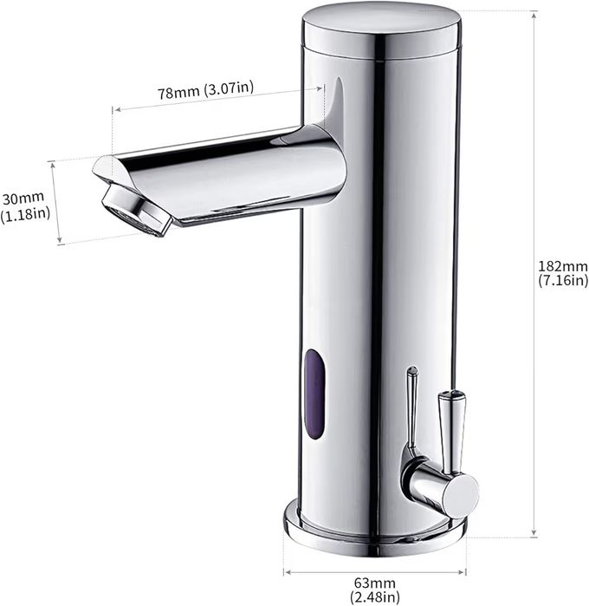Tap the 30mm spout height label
pos(23,199)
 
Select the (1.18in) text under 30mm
pos(25,214)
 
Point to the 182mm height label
pos(563,266)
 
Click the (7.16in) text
pos(563,280)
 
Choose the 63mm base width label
pos(375,583)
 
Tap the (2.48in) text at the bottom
pos(375,596)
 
